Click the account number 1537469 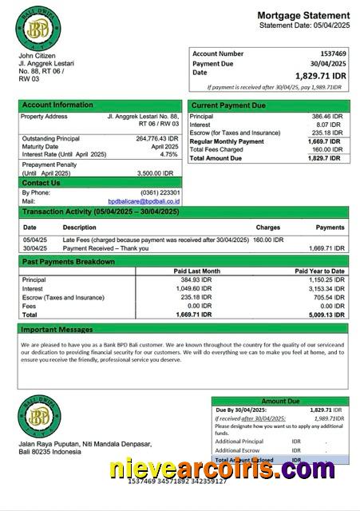pyautogui.click(x=328, y=53)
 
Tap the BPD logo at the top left pyautogui.click(x=38, y=28)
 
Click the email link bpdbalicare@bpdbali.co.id pyautogui.click(x=144, y=201)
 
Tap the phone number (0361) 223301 pyautogui.click(x=160, y=192)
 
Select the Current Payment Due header pyautogui.click(x=228, y=105)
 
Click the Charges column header pyautogui.click(x=267, y=228)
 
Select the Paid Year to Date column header pyautogui.click(x=319, y=271)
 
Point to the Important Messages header pyautogui.click(x=57, y=329)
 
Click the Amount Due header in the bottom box pyautogui.click(x=280, y=401)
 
